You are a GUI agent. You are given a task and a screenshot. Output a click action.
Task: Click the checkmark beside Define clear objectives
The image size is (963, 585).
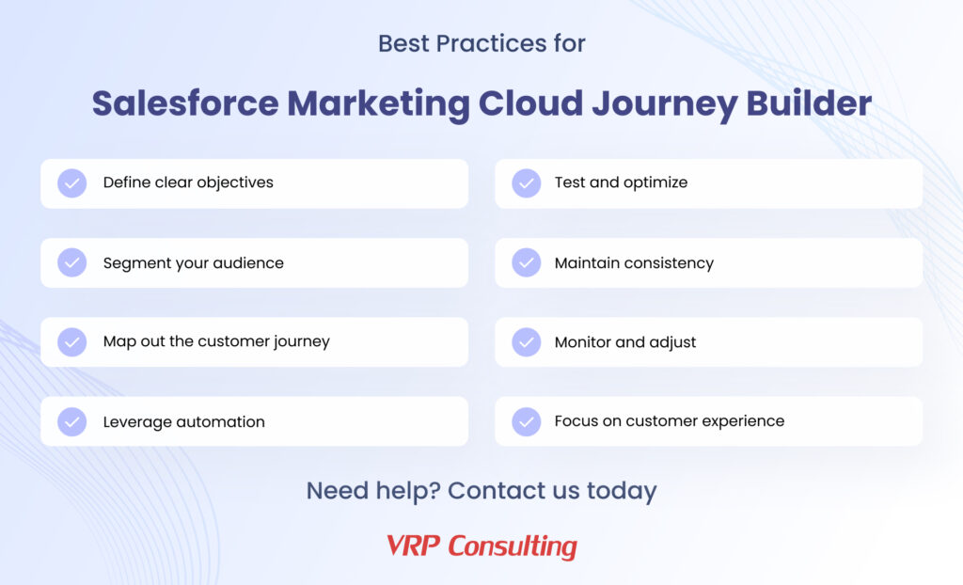71,183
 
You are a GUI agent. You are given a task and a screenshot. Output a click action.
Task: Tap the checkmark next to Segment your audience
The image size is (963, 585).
71,262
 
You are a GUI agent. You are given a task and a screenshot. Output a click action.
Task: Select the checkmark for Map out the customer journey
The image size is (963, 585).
71,341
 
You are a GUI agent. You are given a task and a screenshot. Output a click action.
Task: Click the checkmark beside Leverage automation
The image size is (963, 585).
71,421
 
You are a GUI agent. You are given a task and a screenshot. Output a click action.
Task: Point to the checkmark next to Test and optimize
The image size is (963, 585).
527,183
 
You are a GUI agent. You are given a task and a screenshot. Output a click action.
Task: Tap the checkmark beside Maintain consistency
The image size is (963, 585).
527,262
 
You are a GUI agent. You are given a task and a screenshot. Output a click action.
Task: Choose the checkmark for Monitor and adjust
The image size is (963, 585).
527,341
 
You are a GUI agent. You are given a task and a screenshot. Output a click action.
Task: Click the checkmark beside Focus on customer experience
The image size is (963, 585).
527,421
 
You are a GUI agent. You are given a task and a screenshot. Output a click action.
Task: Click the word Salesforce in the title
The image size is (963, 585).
185,103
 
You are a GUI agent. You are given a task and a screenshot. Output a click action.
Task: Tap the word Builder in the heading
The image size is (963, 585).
809,103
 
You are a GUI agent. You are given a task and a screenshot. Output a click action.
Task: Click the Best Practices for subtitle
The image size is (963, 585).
481,43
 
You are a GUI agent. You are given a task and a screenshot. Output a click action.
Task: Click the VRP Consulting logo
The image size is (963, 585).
481,545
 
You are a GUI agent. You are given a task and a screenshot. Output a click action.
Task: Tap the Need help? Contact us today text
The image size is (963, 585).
481,490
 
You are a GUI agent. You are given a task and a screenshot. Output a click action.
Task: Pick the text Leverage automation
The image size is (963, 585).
184,422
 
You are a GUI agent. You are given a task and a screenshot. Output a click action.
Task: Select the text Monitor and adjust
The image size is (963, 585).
625,342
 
